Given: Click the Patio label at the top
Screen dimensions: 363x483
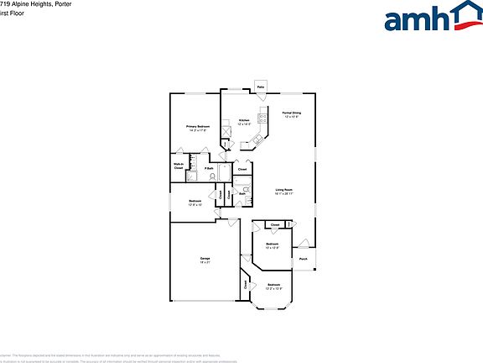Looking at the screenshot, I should tap(261, 87).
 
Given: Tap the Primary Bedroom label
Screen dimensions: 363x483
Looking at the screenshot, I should tap(198, 126).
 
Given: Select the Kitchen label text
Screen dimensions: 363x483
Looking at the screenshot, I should tap(244, 120).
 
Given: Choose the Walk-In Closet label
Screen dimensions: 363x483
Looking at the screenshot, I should tap(179, 166).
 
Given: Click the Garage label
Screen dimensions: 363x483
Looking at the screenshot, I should tap(205, 257).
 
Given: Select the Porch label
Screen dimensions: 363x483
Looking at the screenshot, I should tap(303, 259).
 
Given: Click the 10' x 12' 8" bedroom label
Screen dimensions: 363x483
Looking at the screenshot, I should tap(271, 246).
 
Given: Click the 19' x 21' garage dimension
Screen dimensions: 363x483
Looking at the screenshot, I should tap(205, 262).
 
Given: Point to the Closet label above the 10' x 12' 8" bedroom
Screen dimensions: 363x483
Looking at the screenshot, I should tap(275, 224).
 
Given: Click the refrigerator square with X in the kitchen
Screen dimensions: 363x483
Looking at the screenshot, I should tap(227, 133).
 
